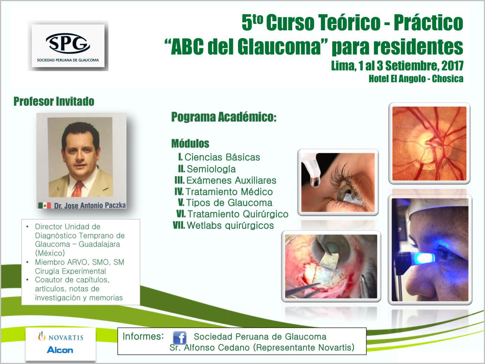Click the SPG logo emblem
tap(68, 43)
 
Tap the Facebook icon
tap(179, 337)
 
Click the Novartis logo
tap(61, 337)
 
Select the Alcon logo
tap(60, 350)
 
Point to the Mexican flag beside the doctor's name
tap(44, 205)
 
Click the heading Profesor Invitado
tap(54, 101)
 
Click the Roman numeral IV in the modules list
tap(179, 192)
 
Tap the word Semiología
tap(211, 169)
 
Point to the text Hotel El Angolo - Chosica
tap(416, 79)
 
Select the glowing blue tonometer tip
tap(425, 258)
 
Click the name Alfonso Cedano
tap(217, 348)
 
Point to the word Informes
tap(143, 336)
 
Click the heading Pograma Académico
tap(224, 117)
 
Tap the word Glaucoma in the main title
tap(279, 47)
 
